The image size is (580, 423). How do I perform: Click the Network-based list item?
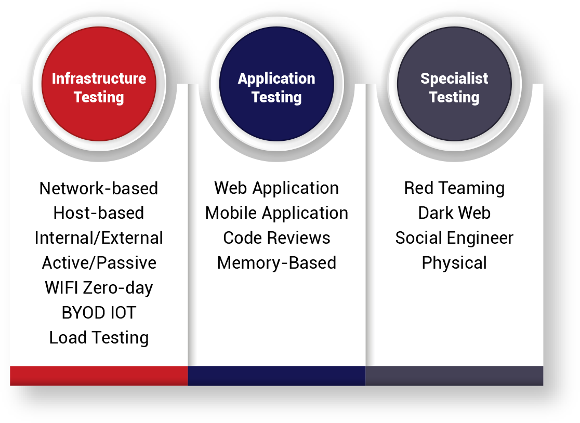coord(99,188)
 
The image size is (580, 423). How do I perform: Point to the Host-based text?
coord(99,213)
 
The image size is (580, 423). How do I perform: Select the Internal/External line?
coord(99,238)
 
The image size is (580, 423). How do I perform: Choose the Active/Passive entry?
coord(99,263)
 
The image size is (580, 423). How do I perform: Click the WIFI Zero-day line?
coord(99,288)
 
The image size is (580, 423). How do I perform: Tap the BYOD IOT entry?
coord(99,313)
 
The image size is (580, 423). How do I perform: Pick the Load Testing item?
coord(99,338)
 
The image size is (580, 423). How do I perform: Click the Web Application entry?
coord(276,188)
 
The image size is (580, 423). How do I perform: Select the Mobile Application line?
coord(276,213)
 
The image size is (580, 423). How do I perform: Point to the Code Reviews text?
coord(276,238)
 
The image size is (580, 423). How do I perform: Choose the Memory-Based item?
coord(276,263)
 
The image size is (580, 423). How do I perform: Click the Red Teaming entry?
coord(454,188)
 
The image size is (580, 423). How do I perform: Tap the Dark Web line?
coord(454,213)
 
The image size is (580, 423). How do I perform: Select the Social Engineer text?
coord(454,238)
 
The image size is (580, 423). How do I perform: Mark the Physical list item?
coord(454,263)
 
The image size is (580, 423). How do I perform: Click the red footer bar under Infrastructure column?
coord(99,376)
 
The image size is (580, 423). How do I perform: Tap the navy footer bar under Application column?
coord(276,376)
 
